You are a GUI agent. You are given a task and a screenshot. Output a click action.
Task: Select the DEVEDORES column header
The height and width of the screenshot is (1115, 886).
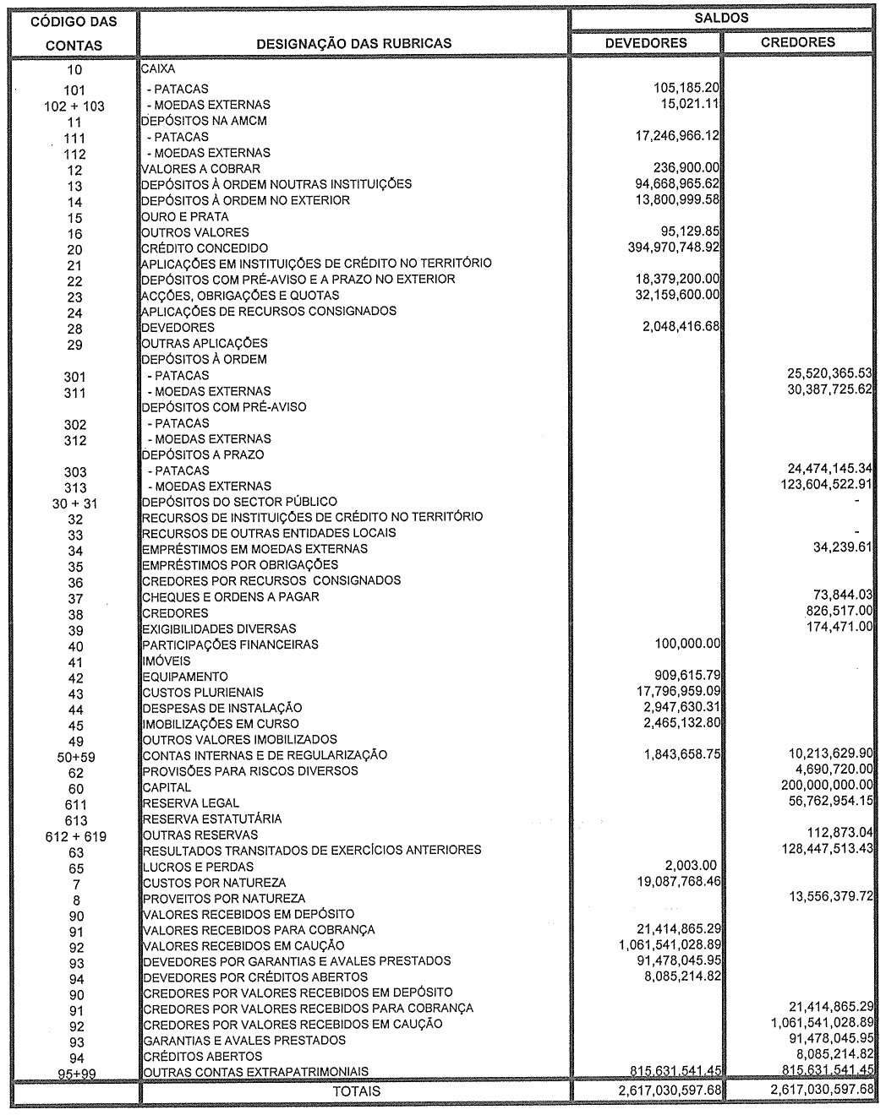647,43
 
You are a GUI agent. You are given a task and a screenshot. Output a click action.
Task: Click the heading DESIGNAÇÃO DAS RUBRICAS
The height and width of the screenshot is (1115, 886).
354,43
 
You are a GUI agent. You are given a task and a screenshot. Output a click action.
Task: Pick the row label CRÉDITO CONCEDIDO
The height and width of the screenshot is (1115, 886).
205,248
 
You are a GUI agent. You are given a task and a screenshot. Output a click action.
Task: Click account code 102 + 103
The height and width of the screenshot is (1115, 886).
74,106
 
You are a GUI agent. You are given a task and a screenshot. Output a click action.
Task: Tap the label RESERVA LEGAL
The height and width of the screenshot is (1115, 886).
191,802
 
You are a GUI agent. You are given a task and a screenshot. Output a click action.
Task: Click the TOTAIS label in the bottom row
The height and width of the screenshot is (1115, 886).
356,1091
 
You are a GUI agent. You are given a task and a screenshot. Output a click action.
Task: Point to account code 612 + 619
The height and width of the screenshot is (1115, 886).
74,836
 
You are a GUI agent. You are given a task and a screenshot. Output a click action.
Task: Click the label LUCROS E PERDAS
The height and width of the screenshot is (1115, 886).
199,867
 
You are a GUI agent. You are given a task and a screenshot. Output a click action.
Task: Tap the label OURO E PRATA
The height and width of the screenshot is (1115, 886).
185,216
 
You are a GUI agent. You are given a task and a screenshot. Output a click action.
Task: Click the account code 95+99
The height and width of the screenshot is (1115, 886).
74,1074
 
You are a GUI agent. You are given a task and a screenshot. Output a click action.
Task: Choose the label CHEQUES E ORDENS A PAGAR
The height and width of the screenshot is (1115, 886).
219,597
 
